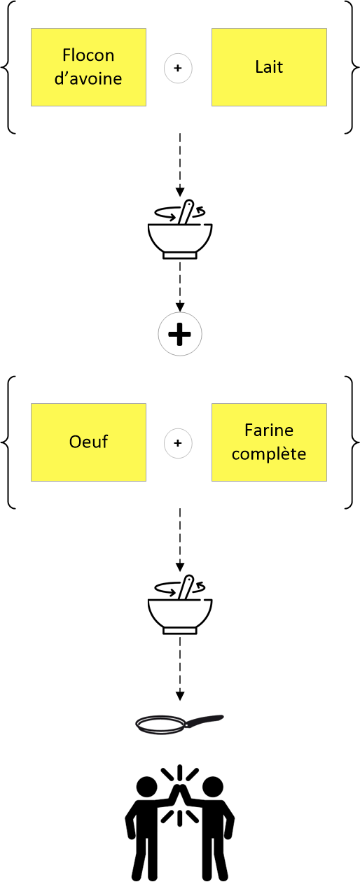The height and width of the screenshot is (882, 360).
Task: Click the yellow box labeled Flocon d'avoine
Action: pos(89,67)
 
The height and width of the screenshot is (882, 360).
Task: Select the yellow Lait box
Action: pos(269,67)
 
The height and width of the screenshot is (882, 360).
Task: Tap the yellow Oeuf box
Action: pos(89,442)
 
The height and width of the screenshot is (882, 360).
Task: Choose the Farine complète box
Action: pos(269,442)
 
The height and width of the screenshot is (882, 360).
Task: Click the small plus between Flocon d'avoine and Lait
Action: pos(178,69)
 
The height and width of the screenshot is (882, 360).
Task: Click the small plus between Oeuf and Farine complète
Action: pos(178,443)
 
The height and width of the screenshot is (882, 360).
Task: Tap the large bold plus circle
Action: pos(180,335)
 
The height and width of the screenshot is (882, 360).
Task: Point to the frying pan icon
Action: pos(179,724)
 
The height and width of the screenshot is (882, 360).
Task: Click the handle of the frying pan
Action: pos(205,720)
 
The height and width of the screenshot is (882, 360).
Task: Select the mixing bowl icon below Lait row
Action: pos(180,230)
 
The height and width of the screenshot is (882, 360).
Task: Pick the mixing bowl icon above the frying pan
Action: pos(180,605)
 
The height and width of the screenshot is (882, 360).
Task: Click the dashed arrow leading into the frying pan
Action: pos(180,669)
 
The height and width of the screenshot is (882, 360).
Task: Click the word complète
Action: pos(269,454)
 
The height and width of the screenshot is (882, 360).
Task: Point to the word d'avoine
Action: pos(88,78)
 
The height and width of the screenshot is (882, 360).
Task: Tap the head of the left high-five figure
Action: pos(146,787)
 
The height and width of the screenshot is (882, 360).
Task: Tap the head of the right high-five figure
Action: pos(213,787)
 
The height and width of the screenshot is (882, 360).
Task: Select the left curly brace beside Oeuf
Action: pos(8,442)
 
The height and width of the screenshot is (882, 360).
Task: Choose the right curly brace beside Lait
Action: pos(352,67)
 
